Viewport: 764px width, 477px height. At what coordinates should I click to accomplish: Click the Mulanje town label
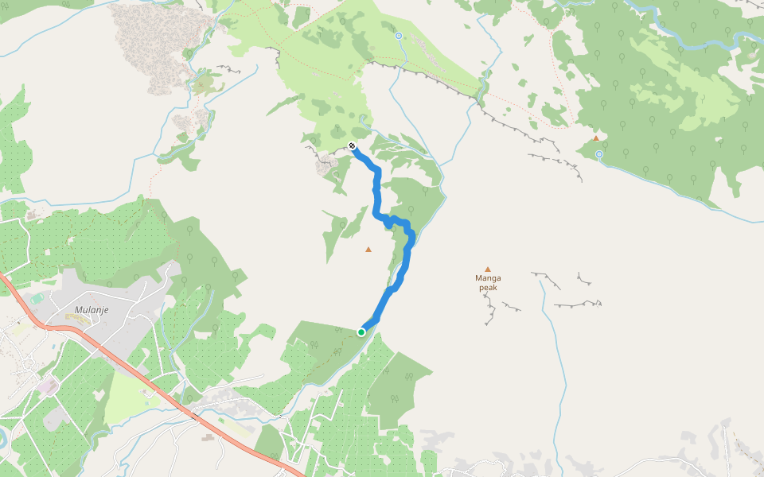(91, 310)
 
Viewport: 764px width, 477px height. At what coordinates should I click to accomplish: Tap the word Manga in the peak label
(488, 278)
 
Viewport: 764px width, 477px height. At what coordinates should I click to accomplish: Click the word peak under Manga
(488, 288)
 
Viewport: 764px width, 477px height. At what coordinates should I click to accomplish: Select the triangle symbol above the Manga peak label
(488, 269)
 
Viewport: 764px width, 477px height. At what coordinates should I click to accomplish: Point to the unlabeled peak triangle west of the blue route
(368, 250)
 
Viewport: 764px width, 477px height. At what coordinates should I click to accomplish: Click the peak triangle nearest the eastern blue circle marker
(595, 138)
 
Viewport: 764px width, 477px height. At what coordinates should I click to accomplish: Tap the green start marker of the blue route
(361, 332)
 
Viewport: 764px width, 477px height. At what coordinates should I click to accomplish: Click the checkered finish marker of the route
(352, 145)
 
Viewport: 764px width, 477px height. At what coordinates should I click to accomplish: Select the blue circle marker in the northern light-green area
(399, 36)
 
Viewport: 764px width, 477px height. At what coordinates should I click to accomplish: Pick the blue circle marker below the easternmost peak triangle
(598, 154)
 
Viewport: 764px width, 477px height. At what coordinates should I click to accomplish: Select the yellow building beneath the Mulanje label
(76, 318)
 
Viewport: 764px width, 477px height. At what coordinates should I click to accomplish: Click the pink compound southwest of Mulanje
(48, 386)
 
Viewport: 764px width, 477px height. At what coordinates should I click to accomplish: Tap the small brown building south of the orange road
(208, 436)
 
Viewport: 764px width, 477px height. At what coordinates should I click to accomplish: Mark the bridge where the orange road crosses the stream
(193, 414)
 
